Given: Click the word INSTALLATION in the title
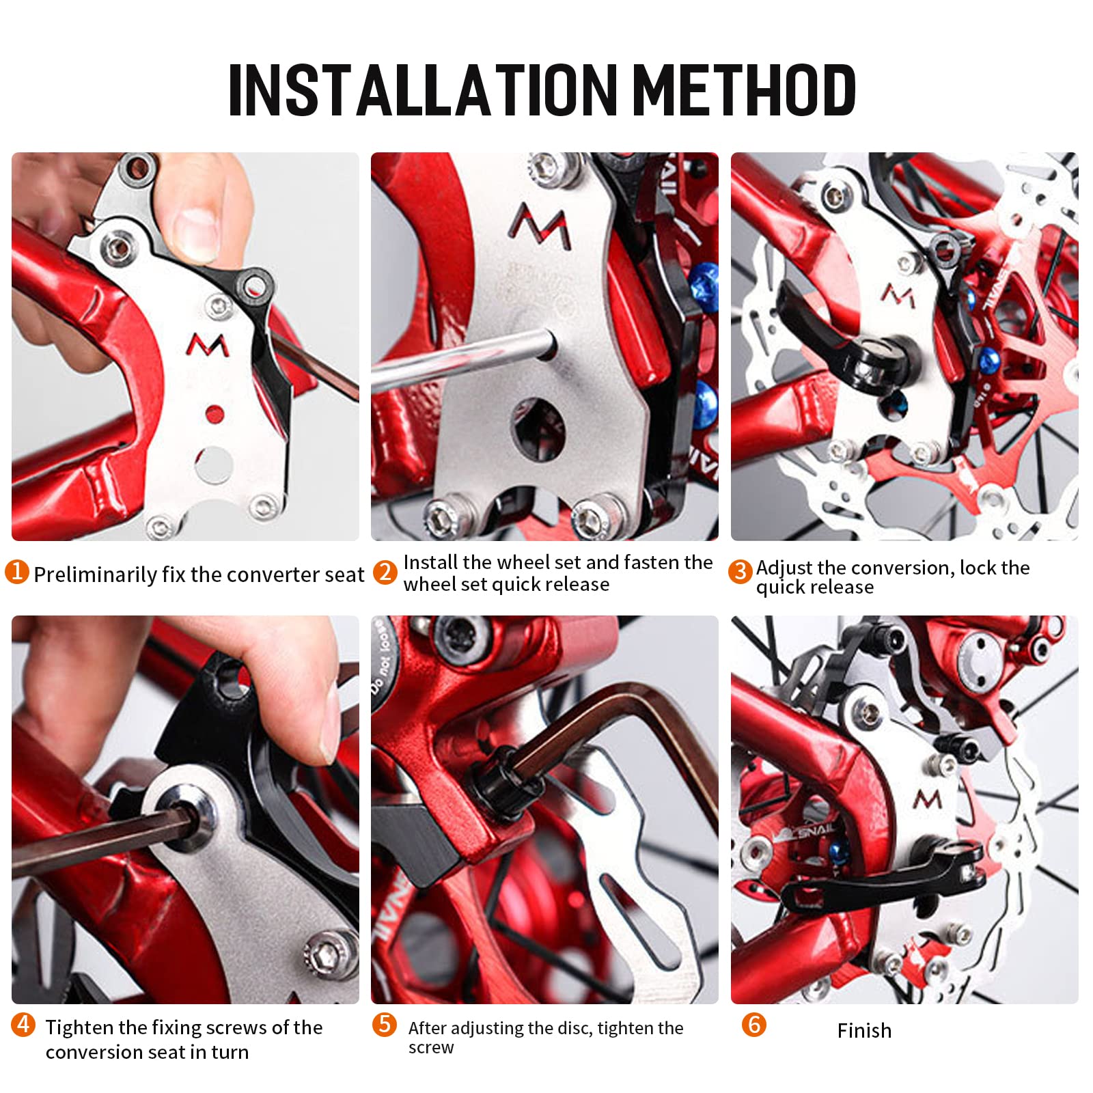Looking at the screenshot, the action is pyautogui.click(x=423, y=90).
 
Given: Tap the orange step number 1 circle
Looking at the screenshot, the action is pyautogui.click(x=17, y=572).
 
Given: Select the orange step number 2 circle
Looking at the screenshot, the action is pyautogui.click(x=385, y=572).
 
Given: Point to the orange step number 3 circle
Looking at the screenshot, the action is pyautogui.click(x=740, y=572).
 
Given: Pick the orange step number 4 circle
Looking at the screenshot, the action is pyautogui.click(x=23, y=1024).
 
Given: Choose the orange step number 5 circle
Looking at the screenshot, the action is pyautogui.click(x=385, y=1024).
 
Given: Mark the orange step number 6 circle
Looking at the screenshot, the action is pyautogui.click(x=754, y=1024).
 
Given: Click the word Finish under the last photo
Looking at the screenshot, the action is pyautogui.click(x=864, y=1030).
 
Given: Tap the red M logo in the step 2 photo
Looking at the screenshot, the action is pyautogui.click(x=542, y=225).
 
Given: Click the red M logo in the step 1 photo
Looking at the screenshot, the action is pyautogui.click(x=207, y=346).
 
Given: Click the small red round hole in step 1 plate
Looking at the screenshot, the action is pyautogui.click(x=215, y=413).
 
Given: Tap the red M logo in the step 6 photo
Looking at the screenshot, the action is pyautogui.click(x=928, y=799).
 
